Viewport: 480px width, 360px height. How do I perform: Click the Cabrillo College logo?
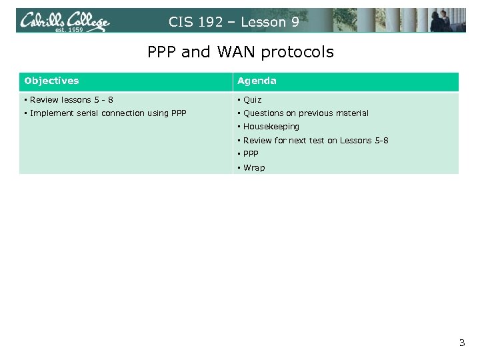(64, 21)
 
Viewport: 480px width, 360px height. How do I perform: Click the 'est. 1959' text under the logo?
(68, 30)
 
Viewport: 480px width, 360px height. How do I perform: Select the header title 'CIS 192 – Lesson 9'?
(233, 22)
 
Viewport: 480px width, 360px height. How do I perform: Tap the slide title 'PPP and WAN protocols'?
(240, 52)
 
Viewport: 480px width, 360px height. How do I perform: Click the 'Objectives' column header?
(51, 81)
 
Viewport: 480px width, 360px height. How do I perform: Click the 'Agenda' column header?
(257, 81)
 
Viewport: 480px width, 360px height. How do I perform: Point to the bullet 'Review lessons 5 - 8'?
(71, 100)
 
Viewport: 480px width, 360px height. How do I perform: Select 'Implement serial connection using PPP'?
(107, 113)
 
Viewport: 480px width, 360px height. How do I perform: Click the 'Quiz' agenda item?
(252, 100)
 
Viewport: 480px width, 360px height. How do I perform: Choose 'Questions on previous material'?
(305, 113)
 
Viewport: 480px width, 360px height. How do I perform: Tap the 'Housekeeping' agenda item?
(271, 127)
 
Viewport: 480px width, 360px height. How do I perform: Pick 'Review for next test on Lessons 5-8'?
(315, 141)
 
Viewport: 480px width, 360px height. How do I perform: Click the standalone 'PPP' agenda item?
(251, 154)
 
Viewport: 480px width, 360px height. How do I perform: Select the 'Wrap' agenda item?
(253, 168)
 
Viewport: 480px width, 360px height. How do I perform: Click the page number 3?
(461, 343)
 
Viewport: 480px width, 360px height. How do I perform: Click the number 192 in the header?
(211, 22)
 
